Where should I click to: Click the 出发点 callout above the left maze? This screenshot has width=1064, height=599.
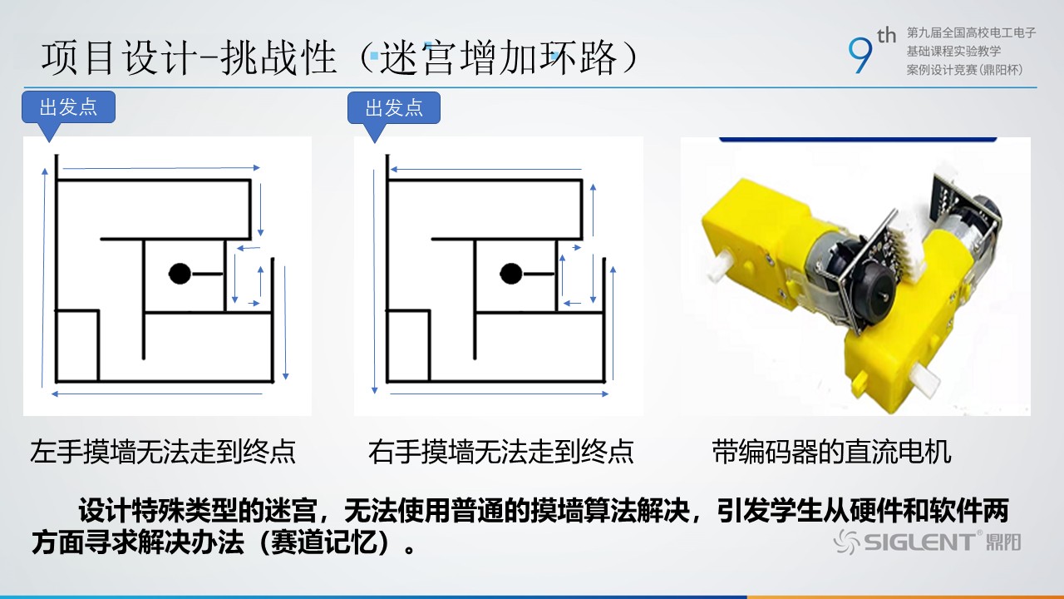pos(68,107)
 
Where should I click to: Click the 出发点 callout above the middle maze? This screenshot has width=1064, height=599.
pos(394,108)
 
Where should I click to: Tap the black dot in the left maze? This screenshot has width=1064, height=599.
pos(180,274)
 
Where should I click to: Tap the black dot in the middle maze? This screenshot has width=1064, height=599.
pos(511,274)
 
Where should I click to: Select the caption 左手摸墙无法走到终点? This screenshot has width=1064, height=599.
pos(163,451)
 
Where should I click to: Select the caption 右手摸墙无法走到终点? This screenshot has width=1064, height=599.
pos(500,451)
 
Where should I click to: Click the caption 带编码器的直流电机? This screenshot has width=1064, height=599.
pos(831,451)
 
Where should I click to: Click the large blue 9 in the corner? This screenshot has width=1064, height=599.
pos(860,56)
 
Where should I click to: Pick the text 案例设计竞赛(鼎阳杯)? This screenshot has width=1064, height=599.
pos(964,70)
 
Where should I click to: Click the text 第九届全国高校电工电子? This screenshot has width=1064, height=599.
pos(971,32)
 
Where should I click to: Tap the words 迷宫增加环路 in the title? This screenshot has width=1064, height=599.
pos(498,58)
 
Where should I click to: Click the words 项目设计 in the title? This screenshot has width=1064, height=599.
pos(119,58)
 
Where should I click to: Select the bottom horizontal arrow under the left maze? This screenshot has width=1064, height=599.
pos(157,394)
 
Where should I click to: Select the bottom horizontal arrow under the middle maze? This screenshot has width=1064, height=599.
pos(499,394)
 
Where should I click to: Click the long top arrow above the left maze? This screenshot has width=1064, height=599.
pos(161,168)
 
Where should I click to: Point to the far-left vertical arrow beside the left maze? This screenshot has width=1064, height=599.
pos(44,278)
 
